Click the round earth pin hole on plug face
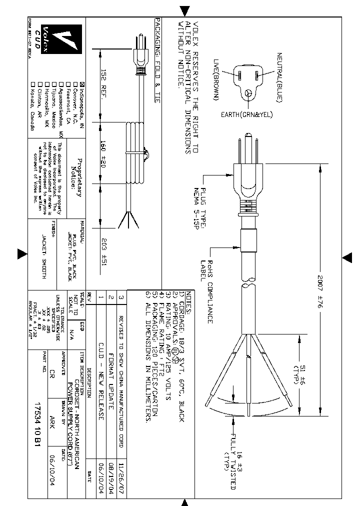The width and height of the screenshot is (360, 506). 248,92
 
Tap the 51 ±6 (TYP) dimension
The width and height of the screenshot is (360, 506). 298,372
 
